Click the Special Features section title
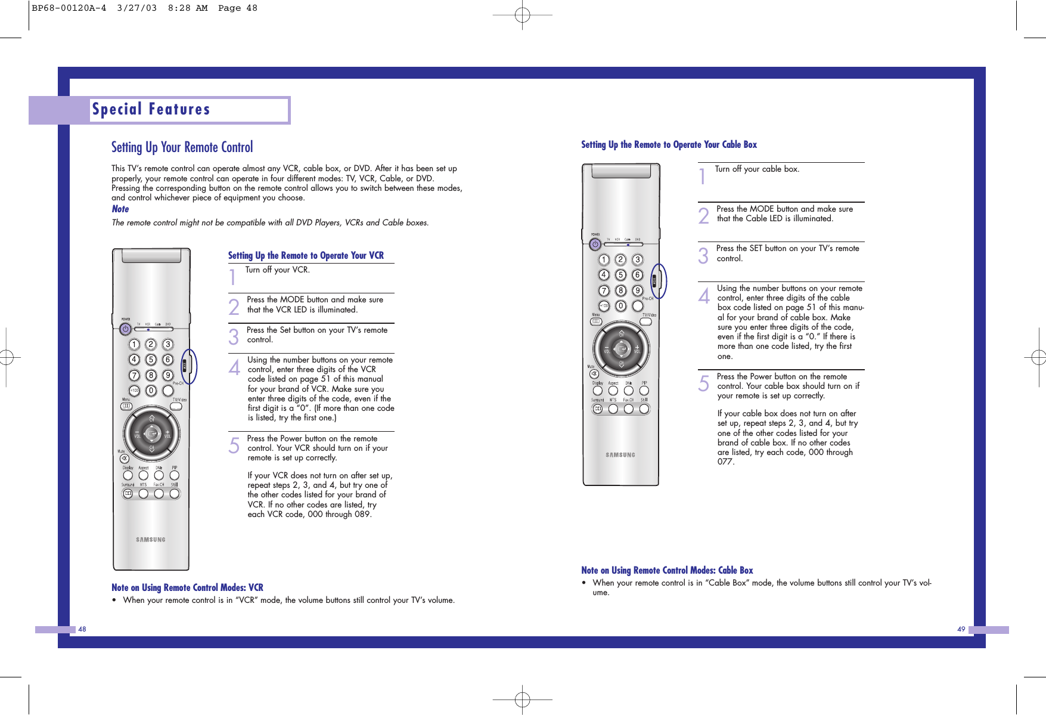[x=151, y=110]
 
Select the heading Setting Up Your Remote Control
[x=182, y=147]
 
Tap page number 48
[x=82, y=629]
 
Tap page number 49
[x=961, y=629]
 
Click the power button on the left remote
[x=125, y=329]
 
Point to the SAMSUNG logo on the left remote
[x=150, y=540]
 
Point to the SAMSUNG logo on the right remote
[x=620, y=455]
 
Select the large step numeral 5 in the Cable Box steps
[x=704, y=383]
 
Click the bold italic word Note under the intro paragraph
[x=120, y=209]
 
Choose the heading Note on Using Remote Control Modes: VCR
[x=187, y=588]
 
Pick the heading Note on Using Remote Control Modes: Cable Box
[x=667, y=571]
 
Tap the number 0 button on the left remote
[x=151, y=391]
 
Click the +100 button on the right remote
[x=604, y=306]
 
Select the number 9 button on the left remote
[x=168, y=375]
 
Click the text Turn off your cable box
[x=757, y=169]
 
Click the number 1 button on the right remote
[x=604, y=259]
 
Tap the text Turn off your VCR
[x=277, y=270]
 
